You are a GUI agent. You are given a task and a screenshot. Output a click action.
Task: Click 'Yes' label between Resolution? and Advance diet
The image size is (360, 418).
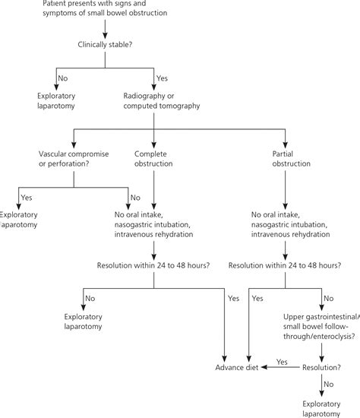pos(283,361)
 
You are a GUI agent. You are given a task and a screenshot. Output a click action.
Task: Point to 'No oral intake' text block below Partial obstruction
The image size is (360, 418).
pos(285,225)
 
